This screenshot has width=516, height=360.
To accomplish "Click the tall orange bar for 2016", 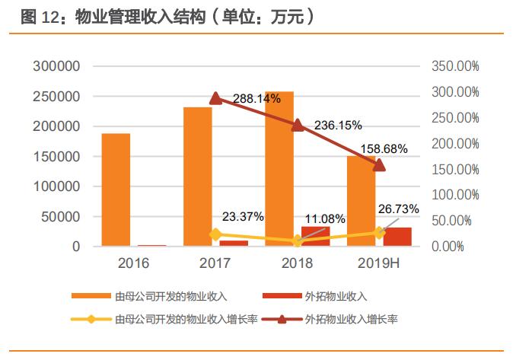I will (116, 190).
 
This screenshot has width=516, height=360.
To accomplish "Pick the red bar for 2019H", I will (397, 237).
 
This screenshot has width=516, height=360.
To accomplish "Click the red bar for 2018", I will (316, 236).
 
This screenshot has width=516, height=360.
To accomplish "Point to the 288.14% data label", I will (256, 98).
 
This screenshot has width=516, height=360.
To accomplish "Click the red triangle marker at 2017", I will (216, 98).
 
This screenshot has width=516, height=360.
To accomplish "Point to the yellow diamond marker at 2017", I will (216, 234).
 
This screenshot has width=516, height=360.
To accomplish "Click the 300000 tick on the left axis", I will (56, 67).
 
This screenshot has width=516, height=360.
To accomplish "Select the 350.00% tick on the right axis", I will (455, 67).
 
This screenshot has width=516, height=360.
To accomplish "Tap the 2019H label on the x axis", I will (378, 264).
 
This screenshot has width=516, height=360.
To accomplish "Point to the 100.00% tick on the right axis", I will (455, 195).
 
